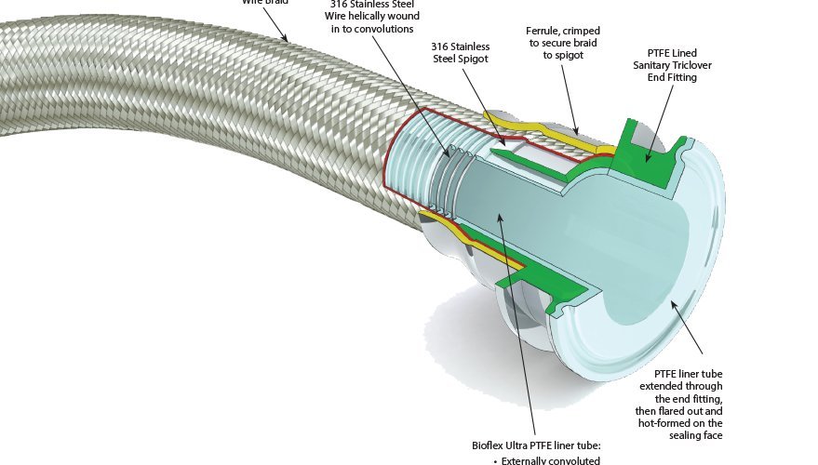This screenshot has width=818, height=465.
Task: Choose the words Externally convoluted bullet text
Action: click(x=548, y=460)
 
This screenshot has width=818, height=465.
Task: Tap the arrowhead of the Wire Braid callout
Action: click(x=290, y=40)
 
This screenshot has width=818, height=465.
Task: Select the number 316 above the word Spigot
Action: click(x=441, y=46)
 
